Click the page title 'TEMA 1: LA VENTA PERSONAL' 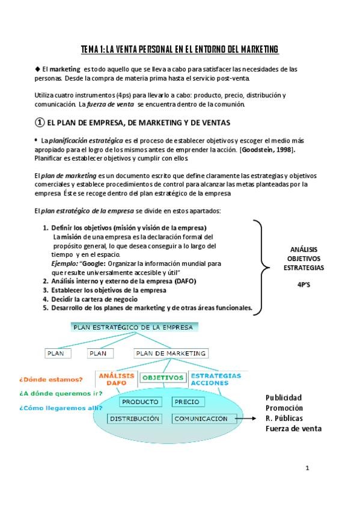click(180, 49)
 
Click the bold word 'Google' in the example click(93, 263)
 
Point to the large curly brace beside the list click(259, 266)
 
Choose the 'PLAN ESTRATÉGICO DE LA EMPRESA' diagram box click(133, 328)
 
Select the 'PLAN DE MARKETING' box click(171, 354)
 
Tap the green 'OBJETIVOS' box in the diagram click(162, 378)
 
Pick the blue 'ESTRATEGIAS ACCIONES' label click(215, 379)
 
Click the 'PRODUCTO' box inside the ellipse click(139, 402)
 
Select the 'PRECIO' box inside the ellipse click(189, 402)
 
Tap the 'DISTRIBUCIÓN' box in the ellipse click(135, 418)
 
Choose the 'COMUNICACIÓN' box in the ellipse click(201, 419)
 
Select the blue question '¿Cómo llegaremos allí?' click(52, 408)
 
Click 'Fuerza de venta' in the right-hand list click(293, 429)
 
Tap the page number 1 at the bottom click(307, 467)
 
